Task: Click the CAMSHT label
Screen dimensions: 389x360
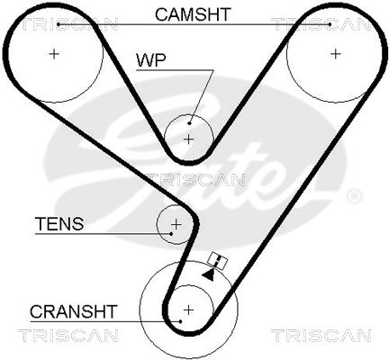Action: [193, 14]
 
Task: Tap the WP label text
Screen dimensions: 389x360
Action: [151, 60]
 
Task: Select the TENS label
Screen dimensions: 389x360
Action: [59, 223]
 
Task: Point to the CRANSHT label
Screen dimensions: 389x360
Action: [73, 311]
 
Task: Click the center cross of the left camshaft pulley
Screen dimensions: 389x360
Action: [54, 54]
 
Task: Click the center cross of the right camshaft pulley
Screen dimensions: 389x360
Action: [336, 54]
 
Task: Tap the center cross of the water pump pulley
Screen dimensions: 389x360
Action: [189, 139]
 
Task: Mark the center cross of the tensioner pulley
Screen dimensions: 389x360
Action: [176, 224]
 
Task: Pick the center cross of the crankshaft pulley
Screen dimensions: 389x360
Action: [188, 310]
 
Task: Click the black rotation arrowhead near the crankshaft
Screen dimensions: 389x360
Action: [209, 274]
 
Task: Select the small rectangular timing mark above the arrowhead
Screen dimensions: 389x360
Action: [218, 261]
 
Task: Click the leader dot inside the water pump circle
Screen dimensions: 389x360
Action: [189, 123]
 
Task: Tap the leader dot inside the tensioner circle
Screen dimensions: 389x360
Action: [171, 233]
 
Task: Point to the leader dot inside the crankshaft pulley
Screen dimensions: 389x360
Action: [180, 321]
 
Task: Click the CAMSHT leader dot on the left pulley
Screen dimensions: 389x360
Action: [59, 24]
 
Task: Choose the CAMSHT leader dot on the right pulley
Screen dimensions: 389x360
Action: [330, 24]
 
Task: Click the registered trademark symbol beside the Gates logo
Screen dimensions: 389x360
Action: [355, 196]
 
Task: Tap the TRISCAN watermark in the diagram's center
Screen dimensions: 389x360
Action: [195, 180]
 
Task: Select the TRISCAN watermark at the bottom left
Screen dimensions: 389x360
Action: [68, 336]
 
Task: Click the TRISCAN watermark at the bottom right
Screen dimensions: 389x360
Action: [321, 336]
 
